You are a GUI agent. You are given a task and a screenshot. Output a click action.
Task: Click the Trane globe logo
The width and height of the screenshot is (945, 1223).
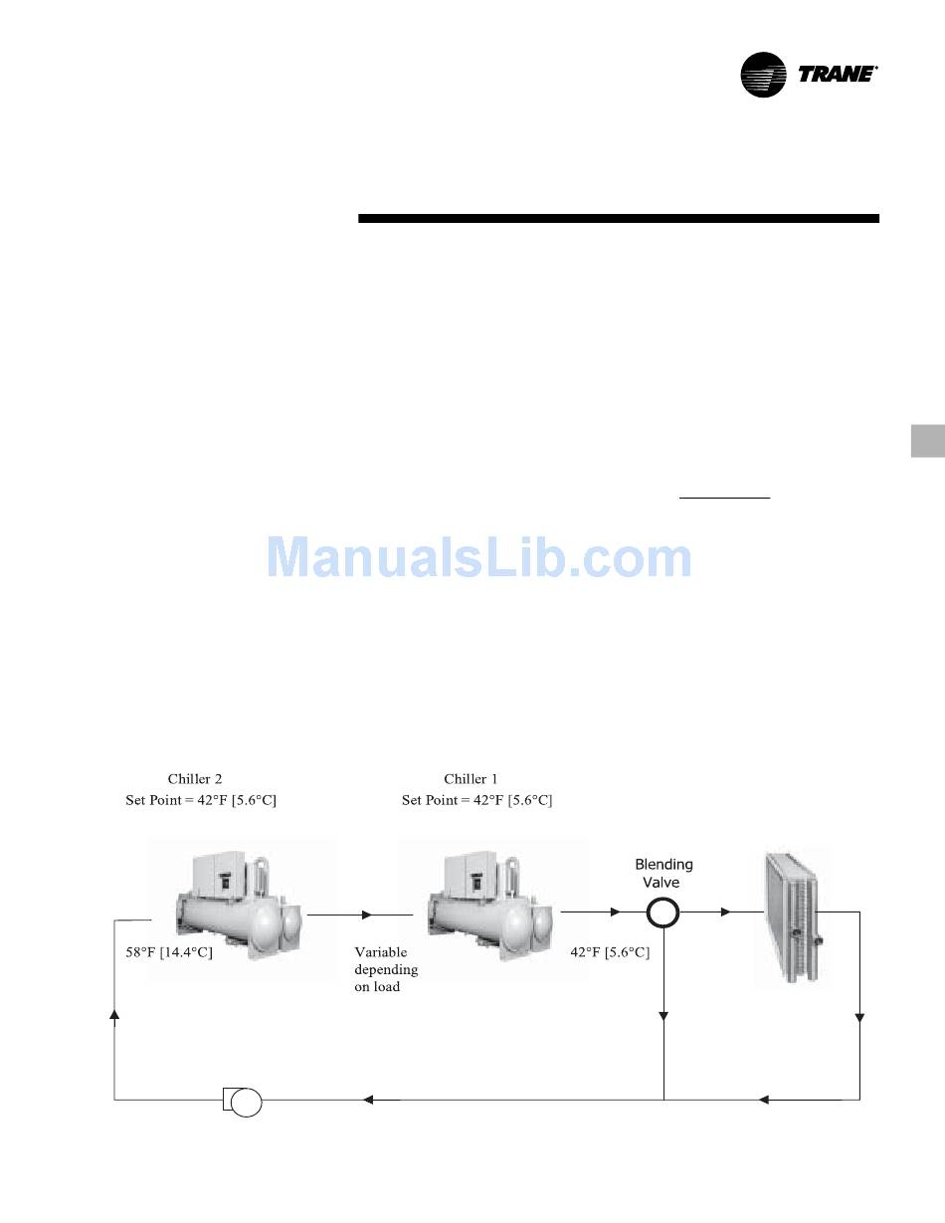(x=763, y=75)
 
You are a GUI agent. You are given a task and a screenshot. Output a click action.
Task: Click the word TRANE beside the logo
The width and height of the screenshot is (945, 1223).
(x=837, y=75)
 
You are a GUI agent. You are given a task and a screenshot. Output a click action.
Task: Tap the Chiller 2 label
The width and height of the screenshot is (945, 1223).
(x=195, y=779)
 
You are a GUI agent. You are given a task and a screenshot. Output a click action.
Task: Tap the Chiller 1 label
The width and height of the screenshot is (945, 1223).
(x=471, y=779)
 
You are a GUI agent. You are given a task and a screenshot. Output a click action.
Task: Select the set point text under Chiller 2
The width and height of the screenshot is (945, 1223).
(x=201, y=800)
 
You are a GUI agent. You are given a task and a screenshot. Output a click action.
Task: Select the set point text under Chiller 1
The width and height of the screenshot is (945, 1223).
(x=477, y=800)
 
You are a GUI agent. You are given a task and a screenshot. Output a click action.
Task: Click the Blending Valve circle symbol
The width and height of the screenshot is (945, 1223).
(x=662, y=913)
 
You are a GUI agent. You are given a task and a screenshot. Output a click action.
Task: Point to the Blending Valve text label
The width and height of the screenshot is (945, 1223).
(x=663, y=873)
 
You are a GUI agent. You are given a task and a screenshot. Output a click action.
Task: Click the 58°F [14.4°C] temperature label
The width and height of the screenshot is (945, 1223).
(x=169, y=952)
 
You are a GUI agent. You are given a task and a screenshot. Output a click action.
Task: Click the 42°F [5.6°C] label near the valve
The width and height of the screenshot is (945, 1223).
(x=610, y=952)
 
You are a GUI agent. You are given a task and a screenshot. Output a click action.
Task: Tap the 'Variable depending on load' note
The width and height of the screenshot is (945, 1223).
(x=386, y=969)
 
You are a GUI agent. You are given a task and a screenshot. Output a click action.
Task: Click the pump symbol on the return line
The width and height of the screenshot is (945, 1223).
(x=243, y=1102)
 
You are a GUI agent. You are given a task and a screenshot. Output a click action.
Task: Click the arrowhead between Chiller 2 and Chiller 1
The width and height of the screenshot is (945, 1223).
(x=367, y=915)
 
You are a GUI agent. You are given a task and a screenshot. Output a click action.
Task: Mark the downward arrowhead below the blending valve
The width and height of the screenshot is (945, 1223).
(x=663, y=1016)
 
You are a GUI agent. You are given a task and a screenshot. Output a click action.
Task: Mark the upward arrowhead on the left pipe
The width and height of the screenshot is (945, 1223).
(x=114, y=1014)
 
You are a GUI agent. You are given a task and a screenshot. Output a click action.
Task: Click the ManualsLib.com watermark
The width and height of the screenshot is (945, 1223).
(x=478, y=557)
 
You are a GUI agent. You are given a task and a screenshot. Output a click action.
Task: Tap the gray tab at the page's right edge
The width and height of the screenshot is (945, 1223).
(x=928, y=441)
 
